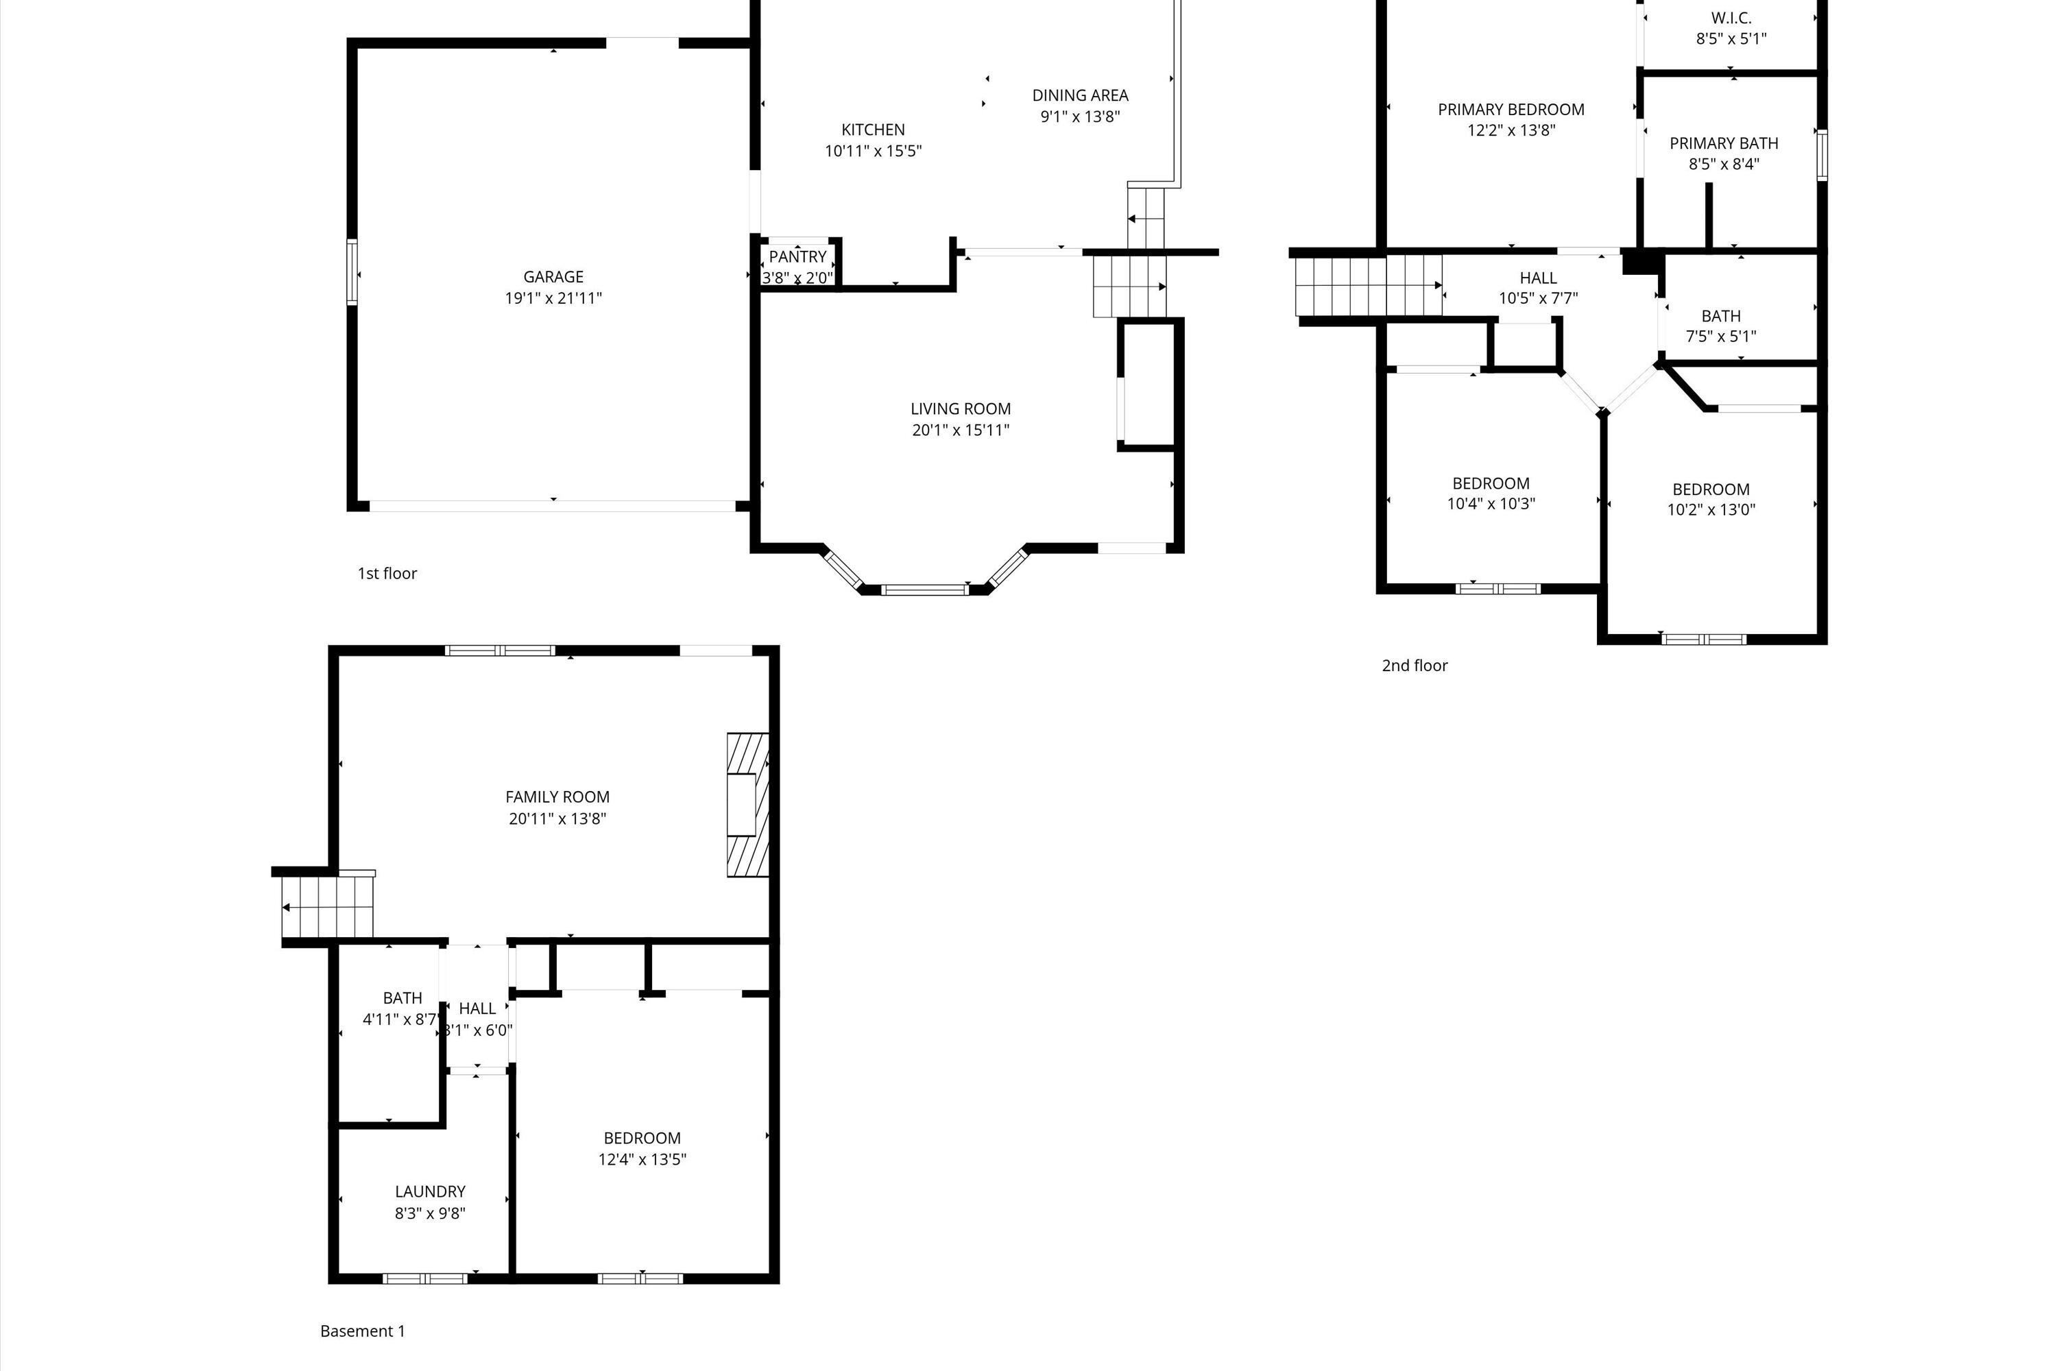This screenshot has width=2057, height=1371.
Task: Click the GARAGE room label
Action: [553, 277]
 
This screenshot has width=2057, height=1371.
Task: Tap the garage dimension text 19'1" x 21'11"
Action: [553, 298]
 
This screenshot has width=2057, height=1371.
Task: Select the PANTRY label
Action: [797, 257]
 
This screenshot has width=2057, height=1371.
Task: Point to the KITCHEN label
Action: [873, 130]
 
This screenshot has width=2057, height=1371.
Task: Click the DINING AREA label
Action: [1080, 95]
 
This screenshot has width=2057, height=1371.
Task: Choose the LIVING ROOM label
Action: [961, 409]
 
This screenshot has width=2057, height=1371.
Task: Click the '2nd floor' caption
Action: [1414, 666]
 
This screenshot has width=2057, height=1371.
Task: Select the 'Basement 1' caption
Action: [362, 1331]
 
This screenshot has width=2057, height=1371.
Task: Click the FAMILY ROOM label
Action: [557, 797]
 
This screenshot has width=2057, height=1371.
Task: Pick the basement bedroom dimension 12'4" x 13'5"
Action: [642, 1159]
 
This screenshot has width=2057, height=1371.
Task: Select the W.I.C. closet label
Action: [1731, 19]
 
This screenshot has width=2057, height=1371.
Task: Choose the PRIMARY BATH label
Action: [1723, 143]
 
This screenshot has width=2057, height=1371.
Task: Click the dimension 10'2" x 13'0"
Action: [1711, 510]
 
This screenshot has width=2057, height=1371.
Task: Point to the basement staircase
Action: [328, 907]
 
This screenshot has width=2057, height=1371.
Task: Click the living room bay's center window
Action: [924, 590]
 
